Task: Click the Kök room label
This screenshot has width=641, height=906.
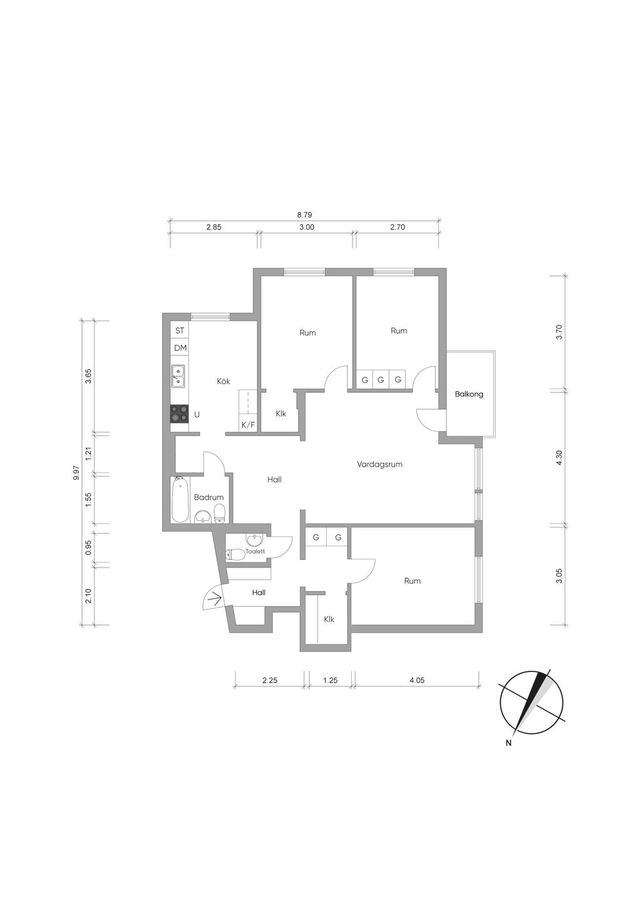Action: tap(223, 381)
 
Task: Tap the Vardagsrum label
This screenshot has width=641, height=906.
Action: tap(379, 464)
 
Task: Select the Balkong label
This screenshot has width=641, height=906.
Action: tap(469, 394)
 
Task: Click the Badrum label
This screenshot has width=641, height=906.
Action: tap(208, 497)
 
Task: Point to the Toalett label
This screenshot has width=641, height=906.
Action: tap(255, 551)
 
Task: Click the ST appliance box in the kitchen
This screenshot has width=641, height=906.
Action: tap(180, 330)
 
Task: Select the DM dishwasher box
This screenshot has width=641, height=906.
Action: tap(180, 348)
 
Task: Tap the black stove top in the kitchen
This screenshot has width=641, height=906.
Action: tap(179, 414)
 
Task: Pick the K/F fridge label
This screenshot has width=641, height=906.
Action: tap(249, 425)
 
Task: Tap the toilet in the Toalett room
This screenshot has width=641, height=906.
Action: tap(235, 554)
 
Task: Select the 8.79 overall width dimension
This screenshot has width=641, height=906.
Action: tap(305, 215)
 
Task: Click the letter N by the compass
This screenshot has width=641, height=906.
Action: tap(509, 743)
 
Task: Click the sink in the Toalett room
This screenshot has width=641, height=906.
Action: tap(255, 540)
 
